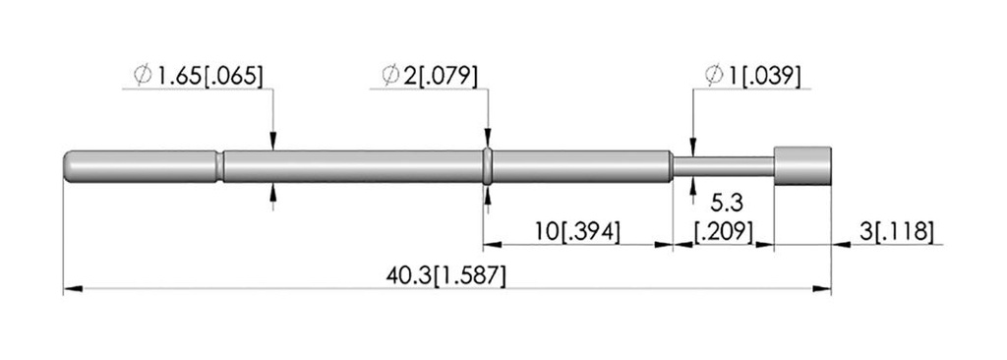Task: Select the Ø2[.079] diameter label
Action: pyautogui.click(x=429, y=76)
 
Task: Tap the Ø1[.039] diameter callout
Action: pyautogui.click(x=752, y=76)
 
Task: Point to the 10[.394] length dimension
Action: pyautogui.click(x=578, y=232)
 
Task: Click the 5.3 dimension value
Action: pyautogui.click(x=727, y=205)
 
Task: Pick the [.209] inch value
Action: pyautogui.click(x=724, y=231)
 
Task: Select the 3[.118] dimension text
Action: pyautogui.click(x=897, y=231)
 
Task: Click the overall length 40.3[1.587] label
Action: pyautogui.click(x=445, y=276)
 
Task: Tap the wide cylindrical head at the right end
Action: pyautogui.click(x=802, y=166)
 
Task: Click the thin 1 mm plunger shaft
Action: pyautogui.click(x=723, y=166)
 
